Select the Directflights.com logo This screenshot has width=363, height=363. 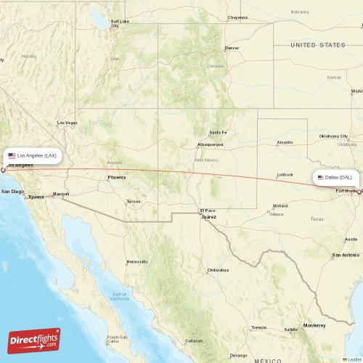tap(34, 340)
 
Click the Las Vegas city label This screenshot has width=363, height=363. tap(67, 123)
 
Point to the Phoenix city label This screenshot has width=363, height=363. tap(116, 177)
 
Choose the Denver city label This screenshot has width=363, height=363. tap(232, 49)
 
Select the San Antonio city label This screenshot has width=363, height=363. tap(346, 255)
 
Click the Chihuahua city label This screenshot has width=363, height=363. tap(218, 270)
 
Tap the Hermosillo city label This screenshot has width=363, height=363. tap(136, 261)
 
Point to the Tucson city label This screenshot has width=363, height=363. tap(133, 201)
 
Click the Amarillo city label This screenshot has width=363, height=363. tap(285, 142)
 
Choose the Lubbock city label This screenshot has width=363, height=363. tap(285, 174)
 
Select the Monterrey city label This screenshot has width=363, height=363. tap(314, 325)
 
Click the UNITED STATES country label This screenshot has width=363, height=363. tap(318, 45)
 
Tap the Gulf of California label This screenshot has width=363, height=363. tap(120, 297)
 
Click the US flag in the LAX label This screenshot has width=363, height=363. tap(12, 155)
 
